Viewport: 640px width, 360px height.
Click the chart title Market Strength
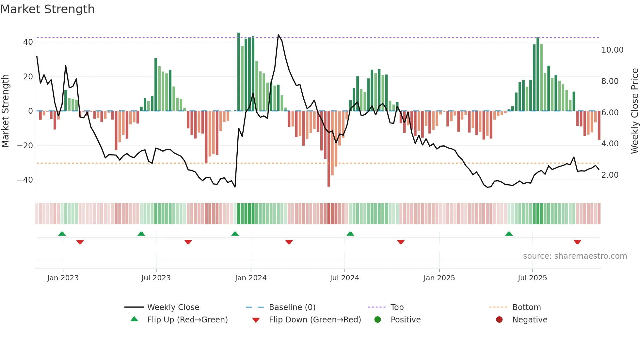point(48,9)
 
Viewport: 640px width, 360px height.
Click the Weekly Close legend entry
point(173,307)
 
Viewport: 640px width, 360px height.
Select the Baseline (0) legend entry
point(292,307)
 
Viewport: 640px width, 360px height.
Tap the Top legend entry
point(397,307)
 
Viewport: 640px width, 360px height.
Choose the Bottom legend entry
point(526,307)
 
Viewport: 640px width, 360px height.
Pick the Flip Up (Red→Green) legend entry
point(187,319)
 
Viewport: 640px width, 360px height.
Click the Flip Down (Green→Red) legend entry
point(315,319)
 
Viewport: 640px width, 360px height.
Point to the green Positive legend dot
point(377,319)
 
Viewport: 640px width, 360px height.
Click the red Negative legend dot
point(499,319)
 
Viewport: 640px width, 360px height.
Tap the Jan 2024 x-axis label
point(251,278)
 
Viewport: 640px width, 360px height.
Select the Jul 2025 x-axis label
point(532,278)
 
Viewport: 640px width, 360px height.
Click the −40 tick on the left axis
point(25,180)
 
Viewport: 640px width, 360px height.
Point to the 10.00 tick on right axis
point(612,50)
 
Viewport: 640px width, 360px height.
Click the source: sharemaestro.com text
point(575,256)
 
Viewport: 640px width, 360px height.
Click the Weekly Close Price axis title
point(634,111)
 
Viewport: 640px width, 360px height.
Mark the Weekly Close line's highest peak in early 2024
point(278,35)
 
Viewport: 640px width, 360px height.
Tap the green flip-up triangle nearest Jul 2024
point(350,234)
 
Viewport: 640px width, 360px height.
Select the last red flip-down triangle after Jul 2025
point(577,242)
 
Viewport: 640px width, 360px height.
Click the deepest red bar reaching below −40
point(329,183)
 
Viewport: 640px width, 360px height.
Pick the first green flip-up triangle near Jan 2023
point(62,234)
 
